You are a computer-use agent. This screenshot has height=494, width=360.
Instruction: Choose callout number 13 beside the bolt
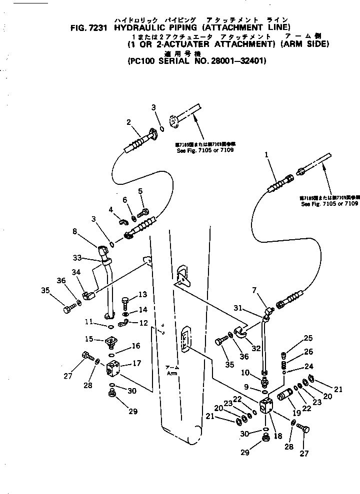point(142,294)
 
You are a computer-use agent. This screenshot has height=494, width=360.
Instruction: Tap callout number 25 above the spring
point(308,338)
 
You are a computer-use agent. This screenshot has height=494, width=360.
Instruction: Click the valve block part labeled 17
point(114,370)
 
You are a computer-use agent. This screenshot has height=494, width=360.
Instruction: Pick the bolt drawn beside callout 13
point(124,302)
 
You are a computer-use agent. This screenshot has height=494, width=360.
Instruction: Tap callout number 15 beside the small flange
point(89,339)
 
